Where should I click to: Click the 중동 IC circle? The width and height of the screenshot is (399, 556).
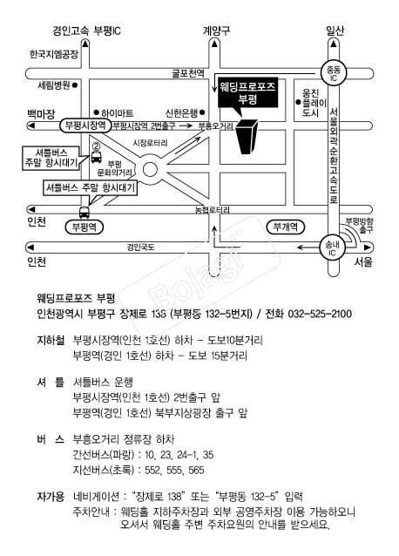coord(333,73)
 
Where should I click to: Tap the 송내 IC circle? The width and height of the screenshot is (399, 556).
coord(332,247)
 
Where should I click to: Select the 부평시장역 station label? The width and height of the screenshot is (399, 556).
coord(85,125)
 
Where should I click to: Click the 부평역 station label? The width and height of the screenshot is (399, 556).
coord(85,227)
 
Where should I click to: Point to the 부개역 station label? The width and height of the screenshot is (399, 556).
coord(286,227)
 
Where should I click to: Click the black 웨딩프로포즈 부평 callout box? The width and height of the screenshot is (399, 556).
coord(248,93)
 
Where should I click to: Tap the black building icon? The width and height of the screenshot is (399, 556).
coord(247,137)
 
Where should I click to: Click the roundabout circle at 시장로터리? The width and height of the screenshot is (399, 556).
coord(150,169)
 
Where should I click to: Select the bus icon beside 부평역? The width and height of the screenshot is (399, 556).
coord(85,212)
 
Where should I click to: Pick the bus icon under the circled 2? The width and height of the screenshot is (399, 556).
coord(97,156)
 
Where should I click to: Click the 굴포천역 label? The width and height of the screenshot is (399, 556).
coord(188,72)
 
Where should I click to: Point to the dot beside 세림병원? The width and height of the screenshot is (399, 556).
coord(75,85)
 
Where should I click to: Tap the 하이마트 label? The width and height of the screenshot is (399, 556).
coord(118,112)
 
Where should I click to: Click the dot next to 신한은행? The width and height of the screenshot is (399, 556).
coord(202,112)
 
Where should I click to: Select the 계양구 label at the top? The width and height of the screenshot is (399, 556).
coord(217,31)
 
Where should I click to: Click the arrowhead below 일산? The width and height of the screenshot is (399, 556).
coord(334,44)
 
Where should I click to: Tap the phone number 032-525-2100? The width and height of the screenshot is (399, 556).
coord(320,314)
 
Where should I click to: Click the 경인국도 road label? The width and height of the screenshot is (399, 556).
coord(140,247)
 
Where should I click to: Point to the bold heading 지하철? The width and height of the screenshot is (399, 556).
coord(51,341)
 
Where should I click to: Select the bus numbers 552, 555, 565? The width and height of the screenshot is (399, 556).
coord(174,471)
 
